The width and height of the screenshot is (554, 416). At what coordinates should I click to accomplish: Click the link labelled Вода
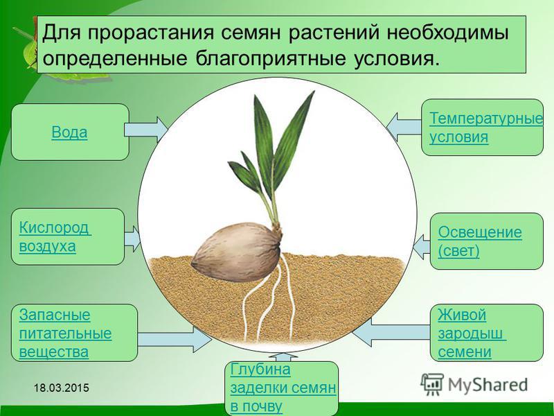69,132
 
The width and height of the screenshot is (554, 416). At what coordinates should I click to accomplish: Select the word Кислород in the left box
54,227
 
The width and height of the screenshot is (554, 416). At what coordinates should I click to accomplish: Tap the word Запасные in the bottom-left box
55,315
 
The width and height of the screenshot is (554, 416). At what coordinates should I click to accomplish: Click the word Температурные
486,118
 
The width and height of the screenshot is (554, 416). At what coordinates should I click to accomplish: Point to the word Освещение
480,232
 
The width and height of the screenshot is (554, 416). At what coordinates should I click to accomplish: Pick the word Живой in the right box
462,315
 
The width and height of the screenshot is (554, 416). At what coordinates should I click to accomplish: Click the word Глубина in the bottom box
260,370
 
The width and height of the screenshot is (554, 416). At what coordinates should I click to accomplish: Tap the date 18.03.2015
62,388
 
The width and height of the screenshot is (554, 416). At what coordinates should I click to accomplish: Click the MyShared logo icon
431,384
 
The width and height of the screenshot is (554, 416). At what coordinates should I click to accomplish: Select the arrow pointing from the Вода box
145,130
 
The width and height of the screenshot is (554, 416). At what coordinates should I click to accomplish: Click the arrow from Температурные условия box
404,127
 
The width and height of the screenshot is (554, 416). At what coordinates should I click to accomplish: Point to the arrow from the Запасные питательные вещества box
175,339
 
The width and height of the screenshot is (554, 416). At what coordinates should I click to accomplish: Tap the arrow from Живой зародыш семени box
391,332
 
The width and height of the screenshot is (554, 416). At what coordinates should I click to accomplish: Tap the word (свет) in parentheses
458,251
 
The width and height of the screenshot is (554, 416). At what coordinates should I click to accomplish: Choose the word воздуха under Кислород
47,246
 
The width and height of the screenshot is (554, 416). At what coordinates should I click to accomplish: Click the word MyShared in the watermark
488,385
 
